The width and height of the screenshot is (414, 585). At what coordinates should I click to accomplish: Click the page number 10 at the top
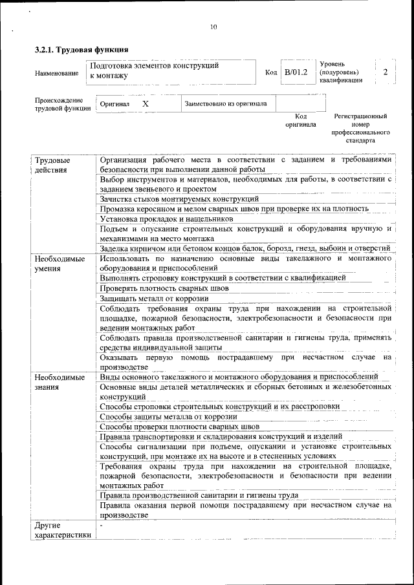point(213,27)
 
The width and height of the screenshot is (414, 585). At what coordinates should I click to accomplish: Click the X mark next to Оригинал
point(146,103)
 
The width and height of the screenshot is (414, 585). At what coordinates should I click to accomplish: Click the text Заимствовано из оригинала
point(225,103)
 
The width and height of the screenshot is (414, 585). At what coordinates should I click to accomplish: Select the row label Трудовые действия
point(53,165)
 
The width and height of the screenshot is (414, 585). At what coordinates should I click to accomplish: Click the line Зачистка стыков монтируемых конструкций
point(179,198)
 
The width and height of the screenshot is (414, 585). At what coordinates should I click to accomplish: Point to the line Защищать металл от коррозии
point(154,298)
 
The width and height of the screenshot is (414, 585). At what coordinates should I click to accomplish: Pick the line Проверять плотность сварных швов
point(164,288)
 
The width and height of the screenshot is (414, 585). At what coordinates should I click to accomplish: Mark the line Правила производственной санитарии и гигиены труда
point(199,495)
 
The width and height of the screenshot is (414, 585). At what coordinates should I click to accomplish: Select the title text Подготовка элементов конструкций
point(154,65)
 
